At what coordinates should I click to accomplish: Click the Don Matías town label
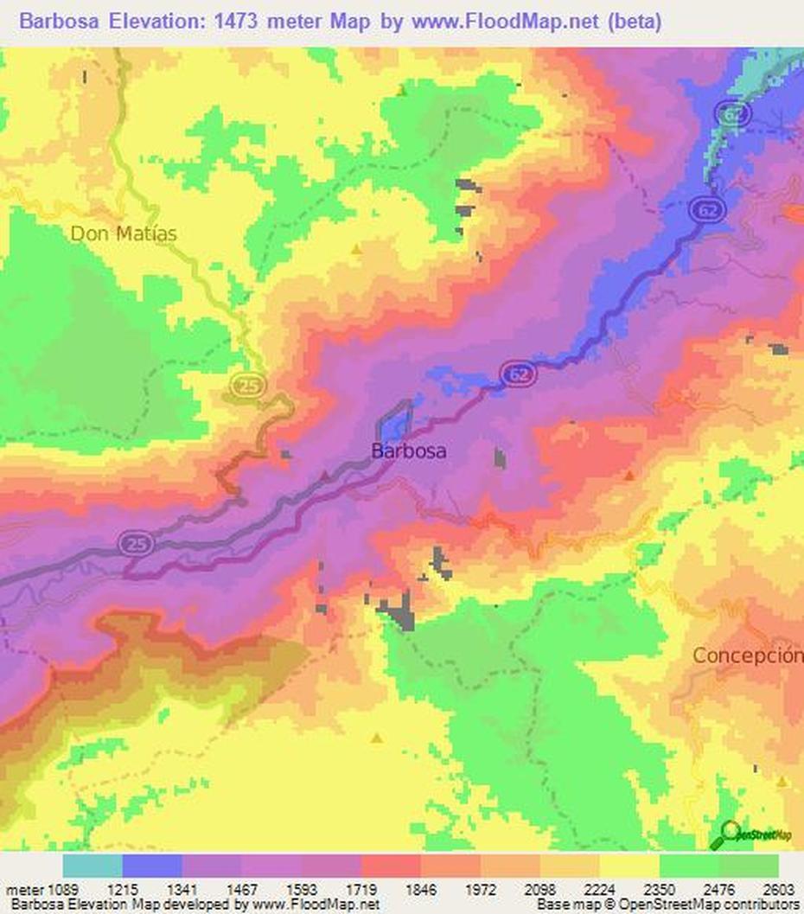click(x=124, y=233)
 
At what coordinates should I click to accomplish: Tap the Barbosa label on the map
click(x=409, y=451)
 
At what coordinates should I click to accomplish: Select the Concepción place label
click(x=747, y=655)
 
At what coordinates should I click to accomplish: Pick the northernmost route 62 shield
click(x=731, y=113)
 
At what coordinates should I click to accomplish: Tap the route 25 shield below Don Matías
click(x=248, y=387)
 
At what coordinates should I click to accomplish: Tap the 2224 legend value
click(x=599, y=889)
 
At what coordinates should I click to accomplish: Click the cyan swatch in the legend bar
click(x=93, y=866)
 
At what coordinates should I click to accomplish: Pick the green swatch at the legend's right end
click(x=749, y=866)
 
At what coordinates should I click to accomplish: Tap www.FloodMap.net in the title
click(x=505, y=22)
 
